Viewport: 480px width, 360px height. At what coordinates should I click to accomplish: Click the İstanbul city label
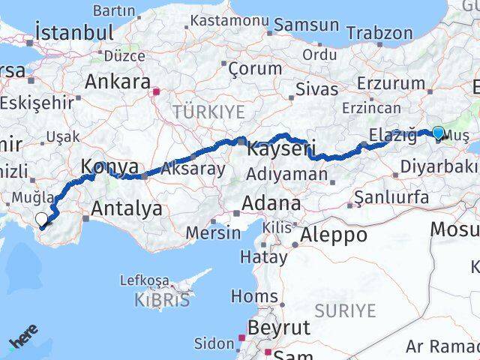point(74,33)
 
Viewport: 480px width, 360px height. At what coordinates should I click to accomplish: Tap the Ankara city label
point(118,82)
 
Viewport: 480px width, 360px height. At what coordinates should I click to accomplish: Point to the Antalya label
point(126,208)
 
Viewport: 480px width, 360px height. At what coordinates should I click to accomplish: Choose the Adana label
point(271,203)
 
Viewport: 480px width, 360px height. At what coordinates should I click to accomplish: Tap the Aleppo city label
point(334,235)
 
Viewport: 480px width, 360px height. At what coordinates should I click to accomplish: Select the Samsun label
point(306,25)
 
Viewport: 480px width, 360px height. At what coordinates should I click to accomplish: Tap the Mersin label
point(214,232)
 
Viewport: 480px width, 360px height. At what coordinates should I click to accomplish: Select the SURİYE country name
point(345,310)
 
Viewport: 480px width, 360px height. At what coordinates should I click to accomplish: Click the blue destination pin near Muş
point(438,133)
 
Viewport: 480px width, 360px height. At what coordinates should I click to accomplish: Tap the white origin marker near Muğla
point(42,220)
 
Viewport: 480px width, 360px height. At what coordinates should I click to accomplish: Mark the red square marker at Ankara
point(157,93)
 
